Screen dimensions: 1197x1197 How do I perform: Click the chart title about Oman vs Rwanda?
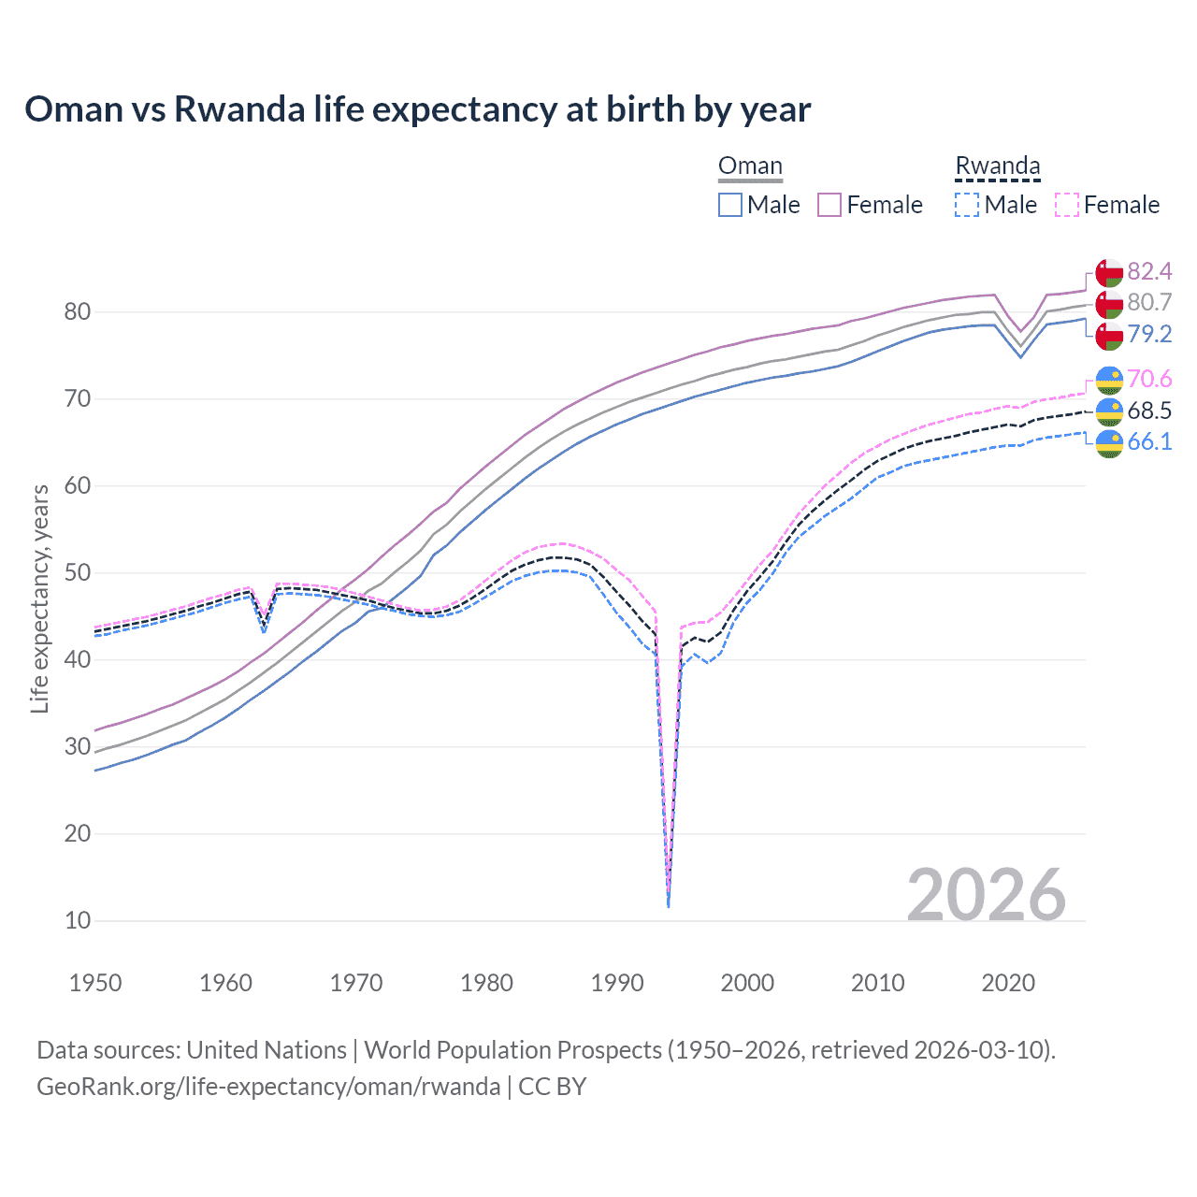point(417,109)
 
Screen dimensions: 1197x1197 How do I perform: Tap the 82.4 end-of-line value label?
point(1149,271)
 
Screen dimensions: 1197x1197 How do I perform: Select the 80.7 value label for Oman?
point(1149,302)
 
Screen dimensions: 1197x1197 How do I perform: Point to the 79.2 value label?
point(1149,334)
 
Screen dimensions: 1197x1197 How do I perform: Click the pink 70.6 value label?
point(1149,379)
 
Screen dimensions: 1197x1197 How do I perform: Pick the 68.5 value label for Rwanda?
point(1149,411)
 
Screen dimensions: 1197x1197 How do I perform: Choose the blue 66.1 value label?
point(1149,441)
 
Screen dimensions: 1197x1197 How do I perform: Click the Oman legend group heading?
point(750,166)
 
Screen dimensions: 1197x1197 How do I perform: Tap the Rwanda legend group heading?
point(997,166)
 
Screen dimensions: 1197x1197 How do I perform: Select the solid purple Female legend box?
point(829,205)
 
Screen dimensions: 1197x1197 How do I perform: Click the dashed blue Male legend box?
point(967,205)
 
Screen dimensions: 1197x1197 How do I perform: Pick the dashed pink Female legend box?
point(1066,205)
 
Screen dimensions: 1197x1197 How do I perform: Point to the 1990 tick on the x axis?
point(617,983)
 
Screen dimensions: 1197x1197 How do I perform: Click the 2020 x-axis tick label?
point(1008,983)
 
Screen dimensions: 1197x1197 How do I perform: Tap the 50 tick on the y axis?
point(78,572)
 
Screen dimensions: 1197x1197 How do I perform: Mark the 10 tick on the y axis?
point(78,920)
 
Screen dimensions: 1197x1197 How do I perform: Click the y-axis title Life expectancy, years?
point(39,598)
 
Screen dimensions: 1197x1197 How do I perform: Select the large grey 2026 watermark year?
point(986,895)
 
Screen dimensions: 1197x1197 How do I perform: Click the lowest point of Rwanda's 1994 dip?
point(668,905)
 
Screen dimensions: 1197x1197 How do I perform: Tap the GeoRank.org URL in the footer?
point(268,1086)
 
